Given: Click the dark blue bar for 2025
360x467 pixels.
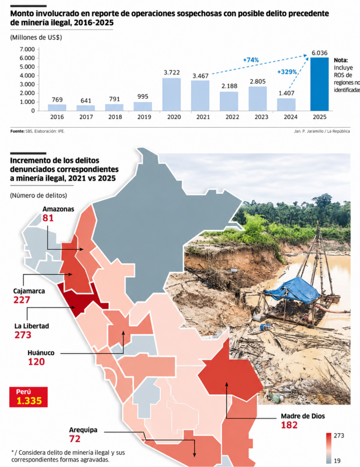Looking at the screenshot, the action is tap(319, 84).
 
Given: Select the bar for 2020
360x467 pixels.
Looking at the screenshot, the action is tap(171, 94).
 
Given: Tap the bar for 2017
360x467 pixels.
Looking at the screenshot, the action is tap(86, 108).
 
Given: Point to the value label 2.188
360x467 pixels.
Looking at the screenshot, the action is tap(229, 86).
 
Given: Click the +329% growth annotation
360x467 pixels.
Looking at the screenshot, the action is tap(287, 72).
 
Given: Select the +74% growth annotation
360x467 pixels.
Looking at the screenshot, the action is tap(251, 60).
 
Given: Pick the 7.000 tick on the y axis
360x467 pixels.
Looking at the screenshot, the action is tap(27, 49).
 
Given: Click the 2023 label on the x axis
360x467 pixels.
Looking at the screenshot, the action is tap(261, 117).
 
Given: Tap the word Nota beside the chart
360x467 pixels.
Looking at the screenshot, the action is tap(341, 60).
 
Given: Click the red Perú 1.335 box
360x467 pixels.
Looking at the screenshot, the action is tap(29, 397).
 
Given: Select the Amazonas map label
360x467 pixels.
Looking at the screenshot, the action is tap(58, 209).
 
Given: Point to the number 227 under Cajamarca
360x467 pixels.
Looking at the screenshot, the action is tap(22, 300).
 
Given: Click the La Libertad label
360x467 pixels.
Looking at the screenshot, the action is tap(31, 326).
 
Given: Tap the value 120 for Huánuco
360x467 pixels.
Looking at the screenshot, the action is tap(36, 362).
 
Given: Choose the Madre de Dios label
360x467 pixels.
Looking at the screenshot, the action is tap(303, 416).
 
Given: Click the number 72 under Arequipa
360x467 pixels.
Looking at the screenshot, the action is tap(75, 439).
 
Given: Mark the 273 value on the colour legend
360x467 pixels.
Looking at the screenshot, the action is tap(339, 436).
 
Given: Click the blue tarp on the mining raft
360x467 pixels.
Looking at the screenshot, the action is tap(293, 288).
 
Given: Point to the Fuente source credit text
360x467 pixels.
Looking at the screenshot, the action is tap(37, 131).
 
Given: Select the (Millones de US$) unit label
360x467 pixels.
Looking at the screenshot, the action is tap(36, 37).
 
